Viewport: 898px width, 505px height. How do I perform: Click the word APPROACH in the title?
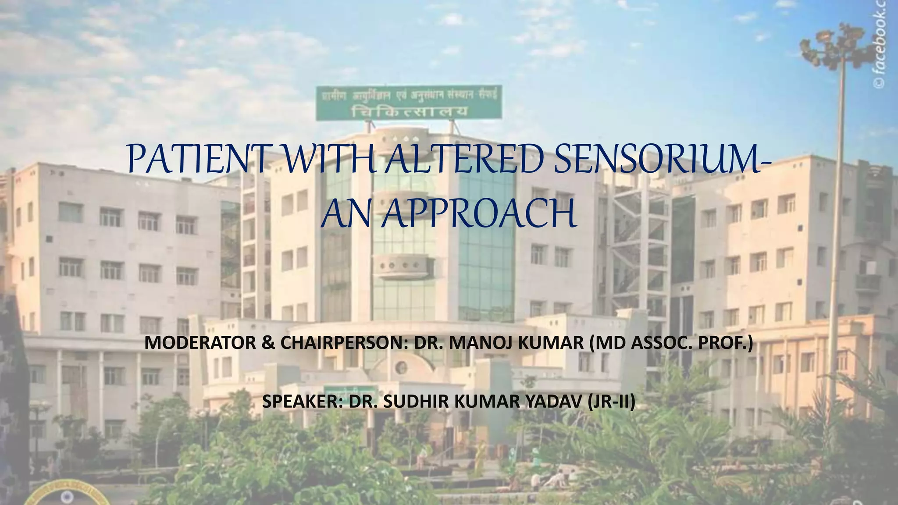point(478,214)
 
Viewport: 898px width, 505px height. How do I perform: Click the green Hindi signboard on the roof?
point(409,103)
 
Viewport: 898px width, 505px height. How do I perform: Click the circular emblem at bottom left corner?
point(48,498)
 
